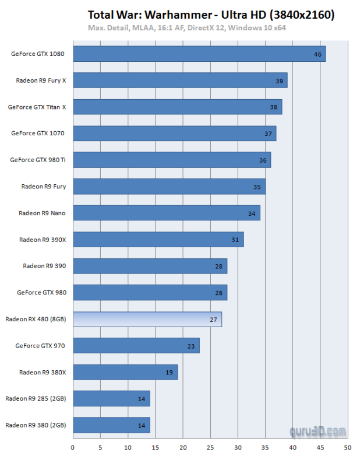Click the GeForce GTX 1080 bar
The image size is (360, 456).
point(199,54)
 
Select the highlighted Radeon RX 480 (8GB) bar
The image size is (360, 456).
point(147,320)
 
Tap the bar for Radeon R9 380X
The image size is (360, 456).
point(125,373)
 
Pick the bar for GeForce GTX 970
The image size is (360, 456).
point(136,346)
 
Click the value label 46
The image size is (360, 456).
point(317,54)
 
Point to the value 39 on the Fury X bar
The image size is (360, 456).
point(280,80)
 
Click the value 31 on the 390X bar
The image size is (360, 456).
point(235,240)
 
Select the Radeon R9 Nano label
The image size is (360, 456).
point(42,213)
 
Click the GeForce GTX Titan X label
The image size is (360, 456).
point(37,107)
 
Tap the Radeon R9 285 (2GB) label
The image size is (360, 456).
point(36,399)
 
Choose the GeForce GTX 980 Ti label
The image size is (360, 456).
point(38,160)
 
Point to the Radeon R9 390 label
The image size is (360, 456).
point(44,266)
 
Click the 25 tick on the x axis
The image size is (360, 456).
point(210,448)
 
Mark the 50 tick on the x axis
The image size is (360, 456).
point(348,448)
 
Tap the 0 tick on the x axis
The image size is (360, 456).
point(73,448)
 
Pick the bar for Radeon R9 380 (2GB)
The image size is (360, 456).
point(111,426)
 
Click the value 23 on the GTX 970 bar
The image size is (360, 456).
point(192,346)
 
